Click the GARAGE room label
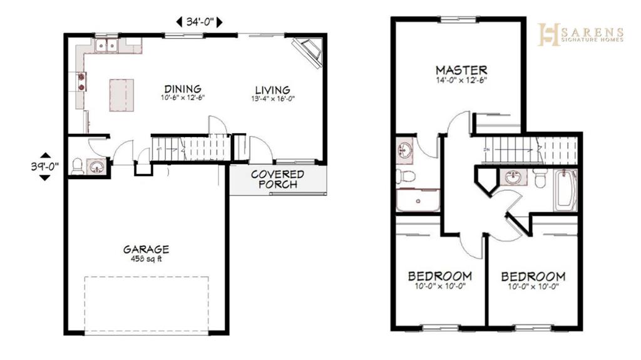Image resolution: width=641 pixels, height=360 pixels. pos(146,249)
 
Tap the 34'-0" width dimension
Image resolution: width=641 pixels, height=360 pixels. pos(200,22)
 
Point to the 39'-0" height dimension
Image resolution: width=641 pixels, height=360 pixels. pos(45,167)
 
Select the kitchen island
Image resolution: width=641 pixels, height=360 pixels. pos(121,95)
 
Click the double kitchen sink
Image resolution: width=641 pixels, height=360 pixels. pos(106,46)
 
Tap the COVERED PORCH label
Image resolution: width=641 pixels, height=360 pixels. pos(277,179)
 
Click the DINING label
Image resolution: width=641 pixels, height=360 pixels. pos(183,89)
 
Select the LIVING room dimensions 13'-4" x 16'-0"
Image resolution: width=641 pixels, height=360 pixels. pos(273,98)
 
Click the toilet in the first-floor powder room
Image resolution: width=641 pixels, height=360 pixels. pos(77,167)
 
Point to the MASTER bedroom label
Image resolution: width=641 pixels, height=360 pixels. pos(461,70)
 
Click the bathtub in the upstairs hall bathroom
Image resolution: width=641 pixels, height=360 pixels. pos(565,190)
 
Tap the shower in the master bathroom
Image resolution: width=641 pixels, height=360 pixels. pos(418,200)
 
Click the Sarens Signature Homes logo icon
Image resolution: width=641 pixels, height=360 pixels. pos(548,34)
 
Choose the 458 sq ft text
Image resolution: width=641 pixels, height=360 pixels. pos(146,259)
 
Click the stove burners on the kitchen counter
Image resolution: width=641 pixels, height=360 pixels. pos(81,81)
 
